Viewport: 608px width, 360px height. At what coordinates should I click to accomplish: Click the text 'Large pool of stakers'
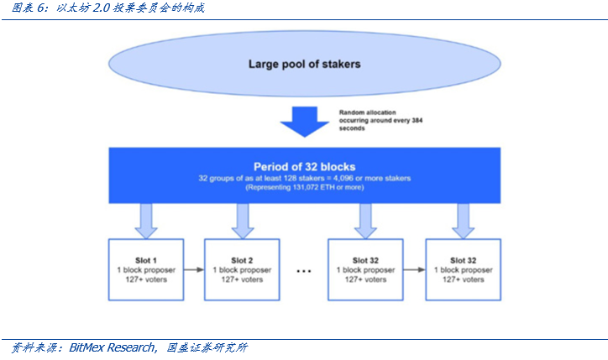click(x=304, y=64)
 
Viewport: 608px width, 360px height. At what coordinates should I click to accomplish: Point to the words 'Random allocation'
click(x=367, y=112)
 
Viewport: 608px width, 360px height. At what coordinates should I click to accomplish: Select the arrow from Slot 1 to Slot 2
click(x=191, y=269)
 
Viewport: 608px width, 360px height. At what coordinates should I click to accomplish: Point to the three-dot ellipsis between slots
click(x=304, y=271)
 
